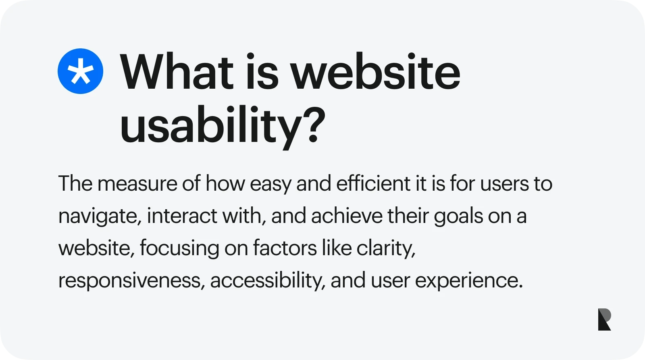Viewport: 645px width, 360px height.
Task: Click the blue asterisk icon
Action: (80, 71)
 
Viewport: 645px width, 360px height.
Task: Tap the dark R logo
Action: (604, 319)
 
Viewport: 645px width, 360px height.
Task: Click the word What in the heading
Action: (177, 72)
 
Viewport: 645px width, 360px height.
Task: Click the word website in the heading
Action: (375, 72)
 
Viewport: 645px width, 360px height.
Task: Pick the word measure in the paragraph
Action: (137, 184)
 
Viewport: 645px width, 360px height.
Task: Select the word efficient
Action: (373, 184)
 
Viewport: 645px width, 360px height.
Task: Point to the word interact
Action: (182, 216)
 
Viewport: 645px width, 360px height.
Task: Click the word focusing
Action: (179, 248)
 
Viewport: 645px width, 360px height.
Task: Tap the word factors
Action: (285, 248)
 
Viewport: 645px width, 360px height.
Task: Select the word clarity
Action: (386, 248)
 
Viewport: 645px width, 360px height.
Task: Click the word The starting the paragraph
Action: (75, 184)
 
